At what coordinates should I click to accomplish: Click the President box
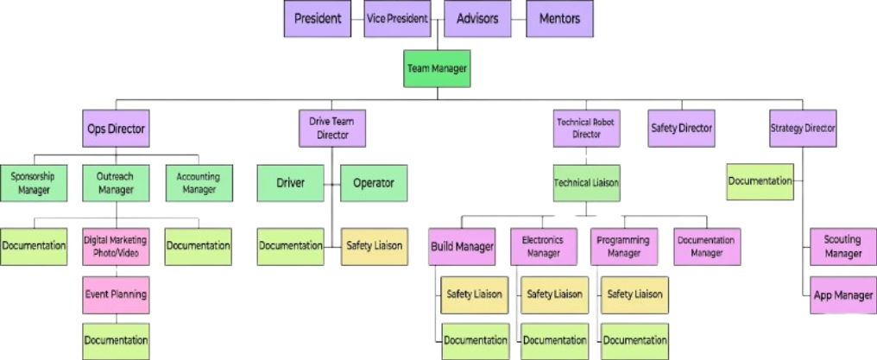click(x=318, y=18)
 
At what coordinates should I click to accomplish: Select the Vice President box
click(x=397, y=18)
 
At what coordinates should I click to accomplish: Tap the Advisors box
click(x=477, y=18)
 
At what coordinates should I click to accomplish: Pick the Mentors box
click(x=559, y=18)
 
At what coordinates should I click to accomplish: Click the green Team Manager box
click(x=438, y=68)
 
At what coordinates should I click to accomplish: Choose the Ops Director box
click(x=116, y=129)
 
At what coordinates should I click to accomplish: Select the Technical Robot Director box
click(x=586, y=129)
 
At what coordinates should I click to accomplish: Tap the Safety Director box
click(x=682, y=129)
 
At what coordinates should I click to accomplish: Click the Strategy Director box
click(x=803, y=129)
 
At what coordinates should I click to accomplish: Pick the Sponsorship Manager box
click(x=32, y=182)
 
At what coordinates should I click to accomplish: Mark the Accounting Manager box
click(x=198, y=182)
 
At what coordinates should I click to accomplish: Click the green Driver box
click(x=292, y=183)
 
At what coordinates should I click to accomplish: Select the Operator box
click(x=373, y=183)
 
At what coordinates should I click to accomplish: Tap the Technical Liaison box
click(x=586, y=183)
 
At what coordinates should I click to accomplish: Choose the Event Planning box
click(x=116, y=294)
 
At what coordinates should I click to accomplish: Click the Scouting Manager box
click(x=842, y=247)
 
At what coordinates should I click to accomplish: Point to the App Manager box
click(x=842, y=295)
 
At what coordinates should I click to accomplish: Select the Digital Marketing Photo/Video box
click(x=116, y=246)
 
